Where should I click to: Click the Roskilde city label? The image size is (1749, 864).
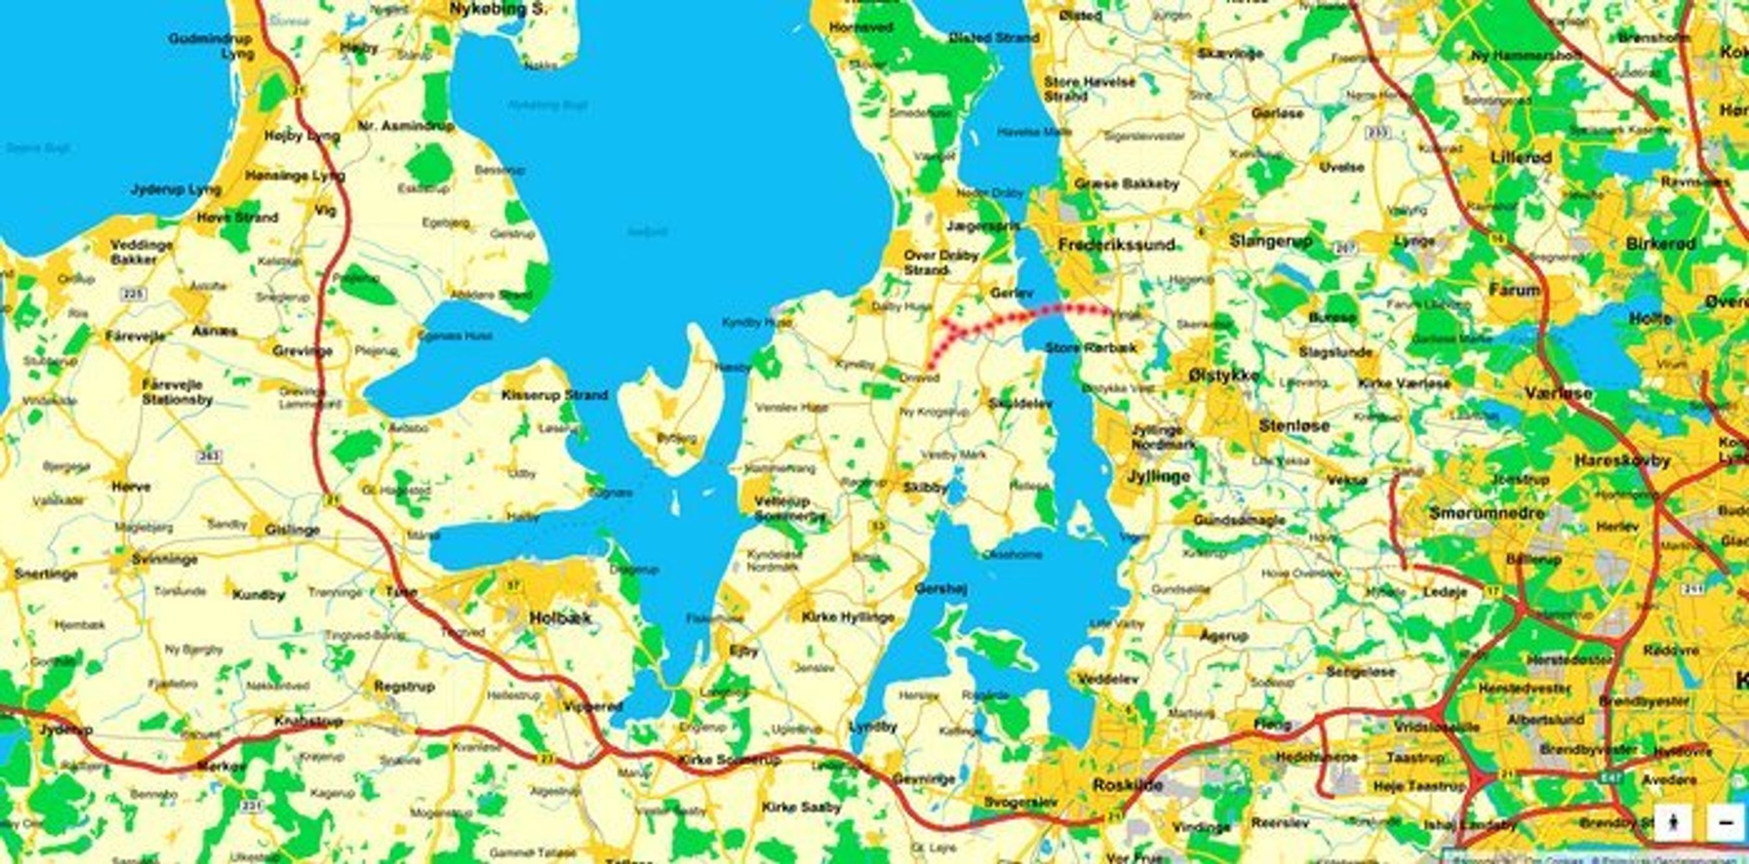(1128, 786)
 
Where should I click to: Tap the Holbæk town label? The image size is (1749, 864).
(560, 618)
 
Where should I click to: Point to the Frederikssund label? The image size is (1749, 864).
(1116, 245)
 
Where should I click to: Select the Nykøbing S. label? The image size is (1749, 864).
(499, 9)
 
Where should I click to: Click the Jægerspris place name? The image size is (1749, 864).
(983, 226)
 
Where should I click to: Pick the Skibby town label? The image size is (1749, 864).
(925, 487)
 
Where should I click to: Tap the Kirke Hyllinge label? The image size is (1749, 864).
(848, 617)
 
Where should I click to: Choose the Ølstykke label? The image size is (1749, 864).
(1223, 376)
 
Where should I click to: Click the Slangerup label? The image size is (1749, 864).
(1270, 241)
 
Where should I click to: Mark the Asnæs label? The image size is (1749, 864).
(215, 331)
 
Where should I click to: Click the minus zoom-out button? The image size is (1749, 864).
(1725, 822)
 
